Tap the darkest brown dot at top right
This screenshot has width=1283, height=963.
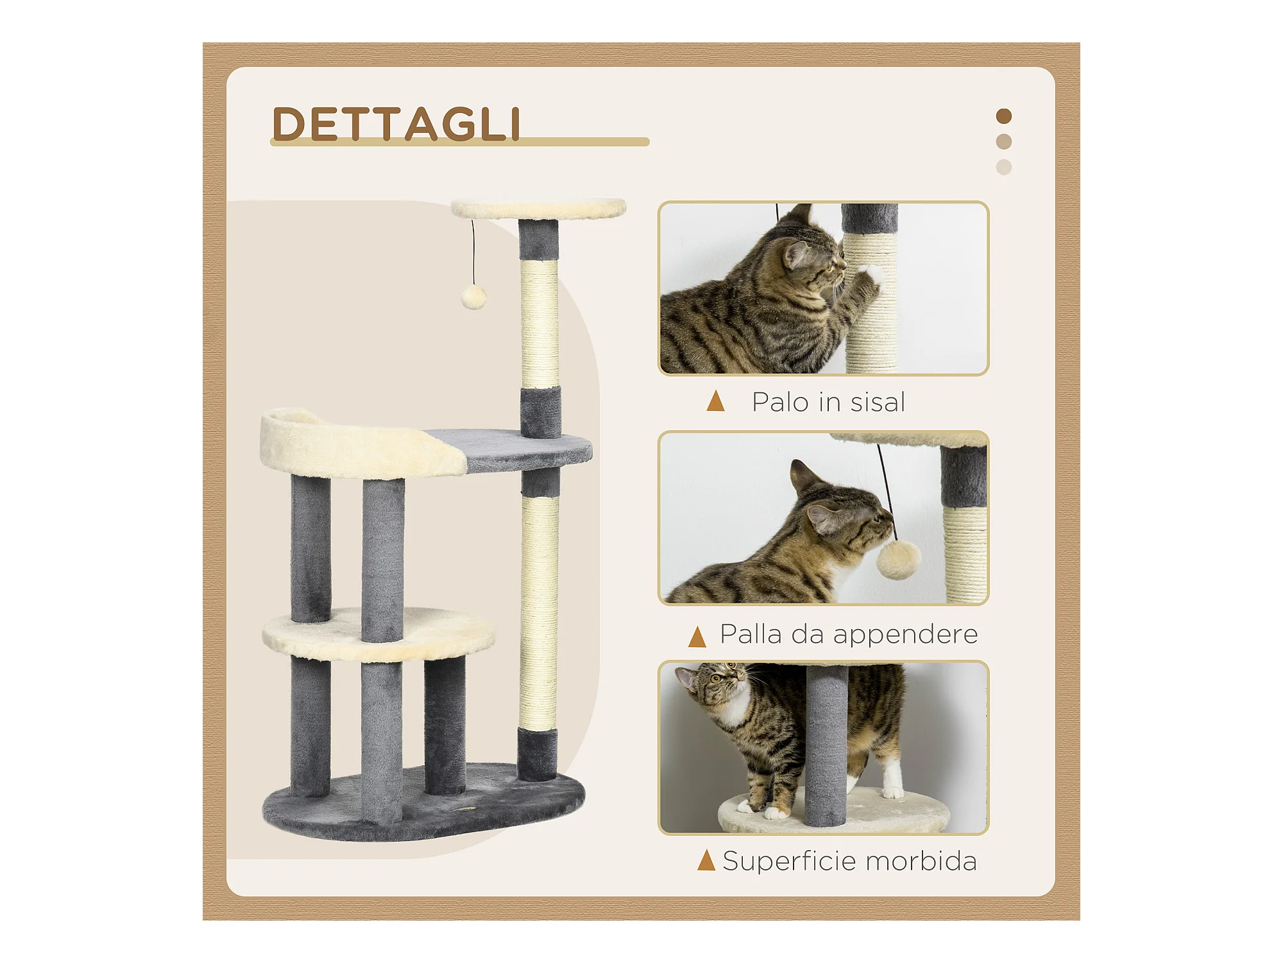(x=1004, y=116)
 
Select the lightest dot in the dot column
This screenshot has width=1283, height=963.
(x=1004, y=167)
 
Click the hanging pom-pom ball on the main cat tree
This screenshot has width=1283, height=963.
(x=474, y=297)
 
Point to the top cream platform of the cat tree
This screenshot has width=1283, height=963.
(x=539, y=209)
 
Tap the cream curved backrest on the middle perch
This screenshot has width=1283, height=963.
(x=359, y=443)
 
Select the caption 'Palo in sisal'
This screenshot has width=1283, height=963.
(x=828, y=403)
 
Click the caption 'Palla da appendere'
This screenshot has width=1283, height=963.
(x=849, y=634)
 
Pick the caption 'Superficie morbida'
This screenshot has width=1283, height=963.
(x=849, y=861)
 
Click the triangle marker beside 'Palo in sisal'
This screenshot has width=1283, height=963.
(x=715, y=401)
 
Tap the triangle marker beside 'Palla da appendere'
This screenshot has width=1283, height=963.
(x=697, y=637)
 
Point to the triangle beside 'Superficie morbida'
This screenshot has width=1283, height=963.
(x=706, y=860)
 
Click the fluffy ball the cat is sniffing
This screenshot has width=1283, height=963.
(x=898, y=559)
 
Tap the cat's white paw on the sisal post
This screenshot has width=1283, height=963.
(x=871, y=276)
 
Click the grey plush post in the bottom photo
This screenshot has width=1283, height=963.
(x=826, y=746)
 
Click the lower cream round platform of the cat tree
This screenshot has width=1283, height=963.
(x=378, y=634)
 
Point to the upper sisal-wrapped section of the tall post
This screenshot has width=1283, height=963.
(x=540, y=324)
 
